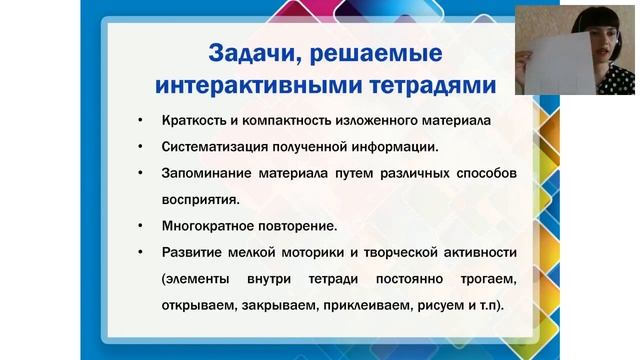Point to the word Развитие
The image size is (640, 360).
(x=190, y=251)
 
